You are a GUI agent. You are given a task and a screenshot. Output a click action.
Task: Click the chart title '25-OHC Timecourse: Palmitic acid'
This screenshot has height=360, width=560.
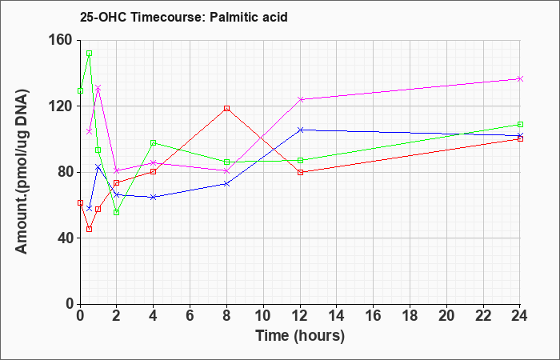pyautogui.click(x=183, y=17)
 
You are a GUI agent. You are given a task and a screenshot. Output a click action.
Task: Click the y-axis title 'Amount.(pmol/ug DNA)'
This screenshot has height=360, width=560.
pyautogui.click(x=22, y=171)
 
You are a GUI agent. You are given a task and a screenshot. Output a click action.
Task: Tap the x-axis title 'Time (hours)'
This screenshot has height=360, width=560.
pyautogui.click(x=300, y=336)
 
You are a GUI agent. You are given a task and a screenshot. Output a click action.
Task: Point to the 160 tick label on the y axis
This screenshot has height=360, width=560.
pyautogui.click(x=62, y=41)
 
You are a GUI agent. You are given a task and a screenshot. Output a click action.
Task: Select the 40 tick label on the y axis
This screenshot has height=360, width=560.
pyautogui.click(x=66, y=238)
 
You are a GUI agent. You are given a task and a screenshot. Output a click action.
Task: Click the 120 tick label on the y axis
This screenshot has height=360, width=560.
pyautogui.click(x=62, y=106)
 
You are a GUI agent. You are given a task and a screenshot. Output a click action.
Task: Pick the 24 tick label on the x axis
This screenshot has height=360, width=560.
pyautogui.click(x=520, y=316)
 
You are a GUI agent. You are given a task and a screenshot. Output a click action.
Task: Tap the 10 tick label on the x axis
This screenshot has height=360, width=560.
pyautogui.click(x=263, y=316)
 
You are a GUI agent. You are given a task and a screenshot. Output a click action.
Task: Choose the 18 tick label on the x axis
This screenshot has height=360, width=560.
pyautogui.click(x=410, y=316)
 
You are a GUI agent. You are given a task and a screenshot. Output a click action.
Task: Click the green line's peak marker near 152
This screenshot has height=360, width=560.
pyautogui.click(x=90, y=54)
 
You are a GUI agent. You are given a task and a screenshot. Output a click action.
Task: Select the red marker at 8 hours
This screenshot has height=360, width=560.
pyautogui.click(x=226, y=108)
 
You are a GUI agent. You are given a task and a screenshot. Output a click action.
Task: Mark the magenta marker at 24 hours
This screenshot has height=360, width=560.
pyautogui.click(x=520, y=78)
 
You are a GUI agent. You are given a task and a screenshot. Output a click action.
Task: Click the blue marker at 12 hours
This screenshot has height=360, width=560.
pyautogui.click(x=300, y=130)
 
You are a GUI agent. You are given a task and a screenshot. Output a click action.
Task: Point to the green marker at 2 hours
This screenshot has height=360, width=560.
pyautogui.click(x=117, y=213)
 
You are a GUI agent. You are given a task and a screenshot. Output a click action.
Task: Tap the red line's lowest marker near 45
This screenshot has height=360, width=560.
pyautogui.click(x=90, y=229)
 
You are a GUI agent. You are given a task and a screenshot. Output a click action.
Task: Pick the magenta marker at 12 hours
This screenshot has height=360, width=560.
pyautogui.click(x=300, y=99)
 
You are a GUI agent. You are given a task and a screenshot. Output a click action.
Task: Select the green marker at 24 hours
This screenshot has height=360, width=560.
pyautogui.click(x=520, y=124)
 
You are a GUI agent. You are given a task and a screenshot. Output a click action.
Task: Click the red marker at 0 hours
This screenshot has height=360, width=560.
pyautogui.click(x=80, y=202)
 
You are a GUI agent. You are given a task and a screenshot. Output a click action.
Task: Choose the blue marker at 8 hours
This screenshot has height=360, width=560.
pyautogui.click(x=226, y=183)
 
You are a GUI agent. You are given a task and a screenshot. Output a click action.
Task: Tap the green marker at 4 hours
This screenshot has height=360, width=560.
pyautogui.click(x=154, y=143)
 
